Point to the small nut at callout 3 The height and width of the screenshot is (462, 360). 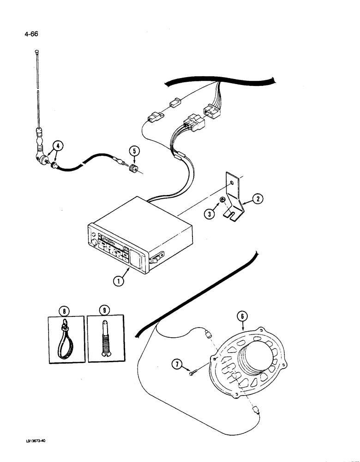(222, 199)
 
